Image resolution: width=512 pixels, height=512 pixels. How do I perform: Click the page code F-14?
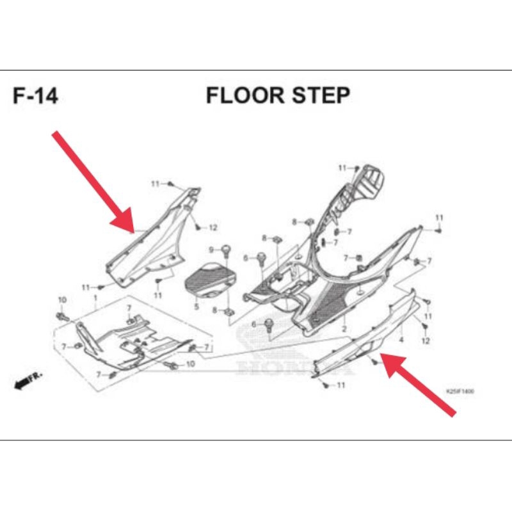(35, 96)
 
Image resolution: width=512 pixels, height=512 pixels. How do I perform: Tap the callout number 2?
(344, 328)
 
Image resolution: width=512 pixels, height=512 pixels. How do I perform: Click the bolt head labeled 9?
(225, 248)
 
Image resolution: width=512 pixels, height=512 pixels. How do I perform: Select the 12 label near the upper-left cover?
(213, 228)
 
